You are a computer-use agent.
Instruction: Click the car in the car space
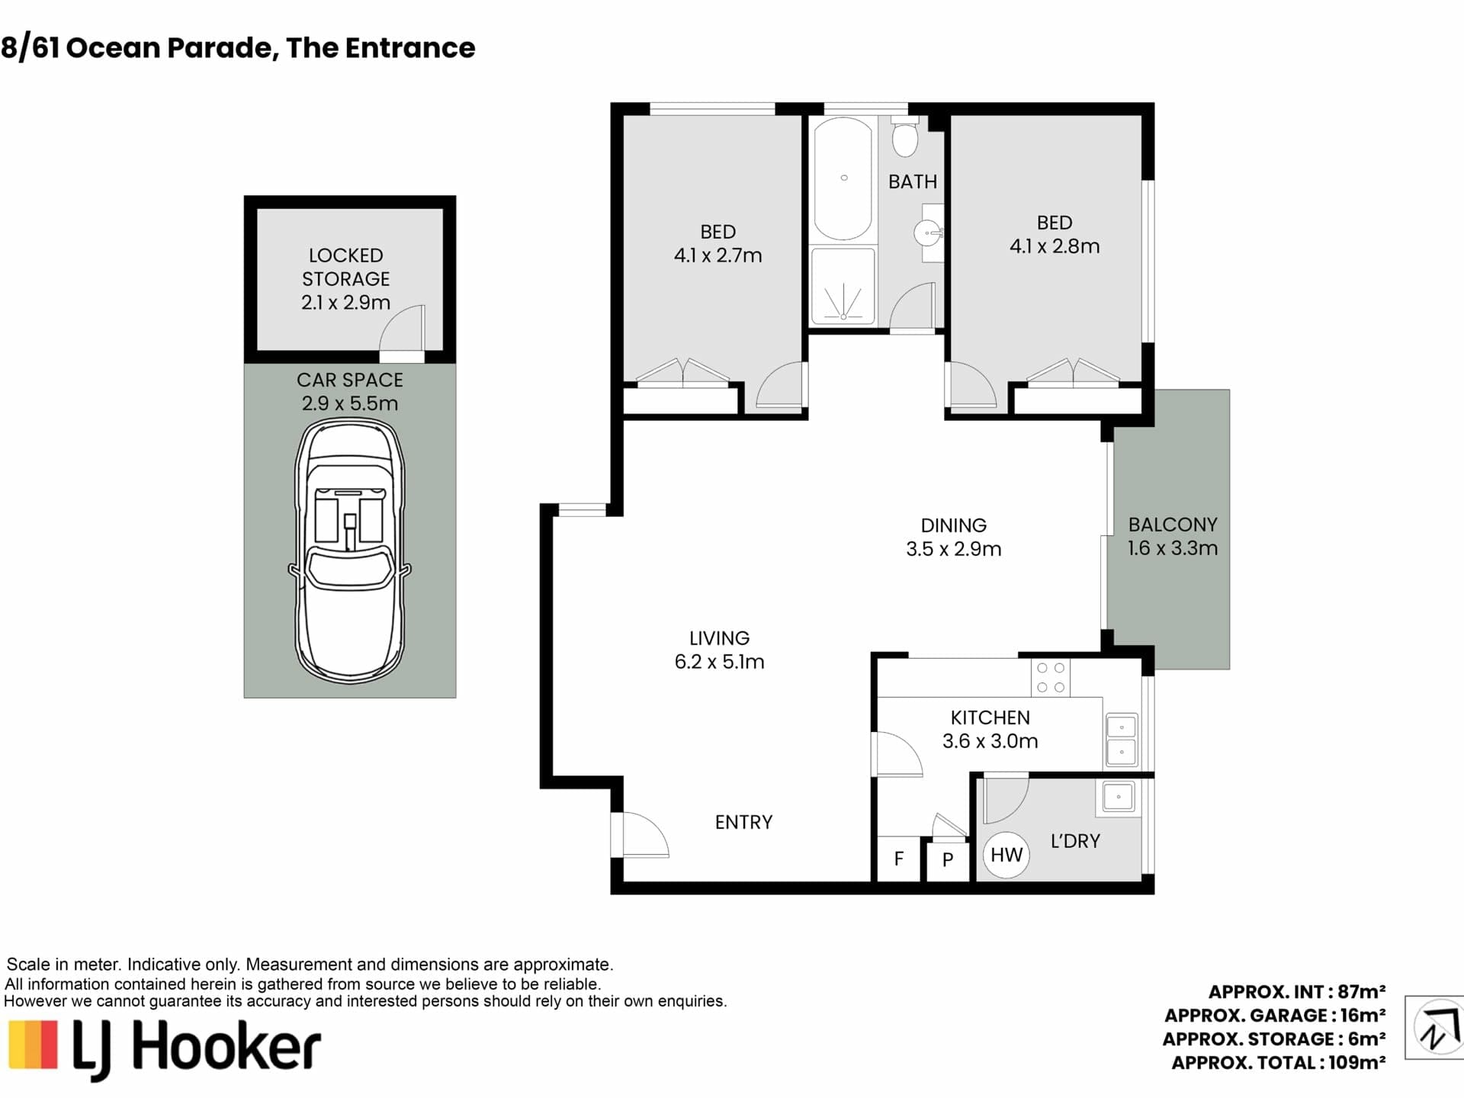(x=350, y=551)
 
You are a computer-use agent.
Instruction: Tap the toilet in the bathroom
(x=905, y=136)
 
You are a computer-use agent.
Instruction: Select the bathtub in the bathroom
(x=843, y=178)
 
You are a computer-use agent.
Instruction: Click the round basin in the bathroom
(x=929, y=233)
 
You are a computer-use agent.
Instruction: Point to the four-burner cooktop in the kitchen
(x=1050, y=678)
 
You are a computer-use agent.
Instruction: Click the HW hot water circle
(x=1006, y=855)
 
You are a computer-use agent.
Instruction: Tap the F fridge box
(x=899, y=859)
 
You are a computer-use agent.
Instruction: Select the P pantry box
(x=948, y=860)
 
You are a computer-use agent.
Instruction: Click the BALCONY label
(x=1173, y=525)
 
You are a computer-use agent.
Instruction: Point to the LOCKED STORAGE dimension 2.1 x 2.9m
(x=345, y=303)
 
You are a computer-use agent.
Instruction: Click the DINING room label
(x=953, y=525)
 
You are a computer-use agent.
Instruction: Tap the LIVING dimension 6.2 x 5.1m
(x=719, y=662)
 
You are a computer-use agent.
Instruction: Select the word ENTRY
(x=743, y=822)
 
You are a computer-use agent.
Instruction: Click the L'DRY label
(x=1075, y=841)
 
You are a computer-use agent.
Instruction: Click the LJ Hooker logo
(x=164, y=1049)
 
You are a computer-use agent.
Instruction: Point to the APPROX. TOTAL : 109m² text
(x=1278, y=1062)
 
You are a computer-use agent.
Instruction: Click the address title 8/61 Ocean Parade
(x=137, y=48)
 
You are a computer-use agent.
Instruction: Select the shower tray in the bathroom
(x=843, y=286)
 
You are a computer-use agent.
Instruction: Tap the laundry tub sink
(x=1119, y=797)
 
